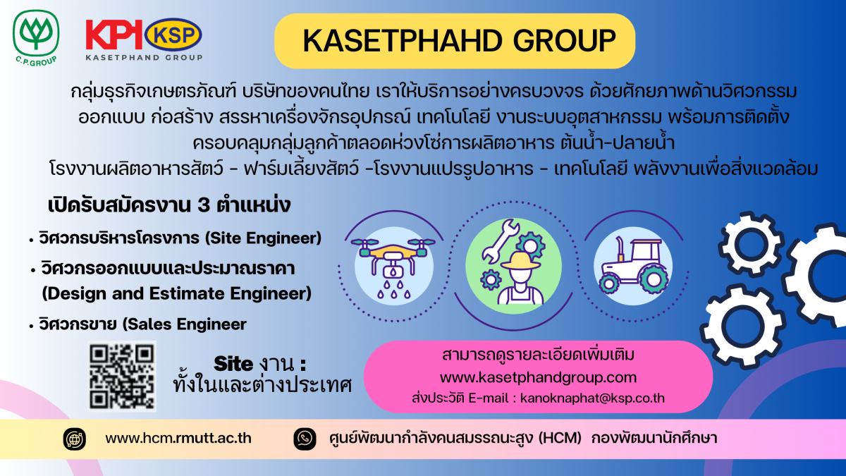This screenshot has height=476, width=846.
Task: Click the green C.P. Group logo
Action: (36, 38)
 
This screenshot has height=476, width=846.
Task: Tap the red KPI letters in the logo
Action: (114, 35)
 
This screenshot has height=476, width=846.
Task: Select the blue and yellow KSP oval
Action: (173, 35)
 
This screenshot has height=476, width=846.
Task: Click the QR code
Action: (122, 377)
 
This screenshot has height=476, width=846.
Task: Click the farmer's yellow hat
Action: (521, 261)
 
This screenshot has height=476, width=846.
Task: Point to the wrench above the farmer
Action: (501, 241)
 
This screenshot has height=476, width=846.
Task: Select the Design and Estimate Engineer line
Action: (177, 293)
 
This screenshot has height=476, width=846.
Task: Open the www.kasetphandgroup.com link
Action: (538, 377)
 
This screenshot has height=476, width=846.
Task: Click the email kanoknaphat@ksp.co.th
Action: (592, 398)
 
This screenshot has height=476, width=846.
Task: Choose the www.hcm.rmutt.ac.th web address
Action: (178, 438)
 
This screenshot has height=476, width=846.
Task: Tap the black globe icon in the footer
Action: (75, 439)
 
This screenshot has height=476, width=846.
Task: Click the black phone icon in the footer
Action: (305, 439)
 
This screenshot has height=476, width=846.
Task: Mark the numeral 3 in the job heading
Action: (204, 205)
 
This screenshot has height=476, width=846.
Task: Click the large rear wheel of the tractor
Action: (653, 280)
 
